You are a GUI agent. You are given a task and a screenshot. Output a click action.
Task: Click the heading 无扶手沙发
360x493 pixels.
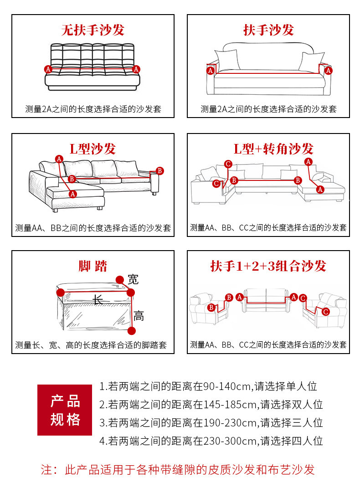pyautogui.click(x=93, y=31)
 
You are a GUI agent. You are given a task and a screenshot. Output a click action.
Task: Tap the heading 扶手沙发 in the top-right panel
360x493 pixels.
pyautogui.click(x=268, y=31)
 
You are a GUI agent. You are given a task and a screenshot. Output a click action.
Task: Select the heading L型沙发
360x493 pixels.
pyautogui.click(x=93, y=149)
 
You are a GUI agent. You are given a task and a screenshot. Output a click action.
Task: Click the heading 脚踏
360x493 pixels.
pyautogui.click(x=93, y=266)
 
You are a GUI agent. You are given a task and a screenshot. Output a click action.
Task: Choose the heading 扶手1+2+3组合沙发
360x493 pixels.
pyautogui.click(x=268, y=266)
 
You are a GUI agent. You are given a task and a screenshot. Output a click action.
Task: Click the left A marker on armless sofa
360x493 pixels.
pyautogui.click(x=48, y=69)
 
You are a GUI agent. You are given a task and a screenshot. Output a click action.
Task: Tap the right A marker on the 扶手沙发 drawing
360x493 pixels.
pyautogui.click(x=329, y=70)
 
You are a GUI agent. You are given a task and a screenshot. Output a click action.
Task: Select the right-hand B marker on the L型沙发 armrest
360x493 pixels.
pyautogui.click(x=159, y=170)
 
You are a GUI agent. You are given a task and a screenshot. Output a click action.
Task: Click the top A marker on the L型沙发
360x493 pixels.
pyautogui.click(x=59, y=159)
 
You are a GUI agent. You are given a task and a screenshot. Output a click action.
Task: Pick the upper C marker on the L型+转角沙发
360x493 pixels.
pyautogui.click(x=228, y=164)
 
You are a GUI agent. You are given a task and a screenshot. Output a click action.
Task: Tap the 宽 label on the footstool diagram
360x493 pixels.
pyautogui.click(x=133, y=279)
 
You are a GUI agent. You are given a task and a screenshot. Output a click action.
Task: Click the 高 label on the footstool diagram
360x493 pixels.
pyautogui.click(x=139, y=315)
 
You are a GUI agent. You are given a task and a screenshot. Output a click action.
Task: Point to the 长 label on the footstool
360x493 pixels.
pyautogui.click(x=98, y=299)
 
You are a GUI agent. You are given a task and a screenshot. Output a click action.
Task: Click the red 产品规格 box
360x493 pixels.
pyautogui.click(x=65, y=410)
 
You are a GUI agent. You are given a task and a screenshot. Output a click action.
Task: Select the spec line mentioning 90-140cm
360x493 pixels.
pyautogui.click(x=208, y=387)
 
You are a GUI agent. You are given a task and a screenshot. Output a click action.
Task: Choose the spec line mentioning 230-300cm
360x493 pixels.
pyautogui.click(x=211, y=441)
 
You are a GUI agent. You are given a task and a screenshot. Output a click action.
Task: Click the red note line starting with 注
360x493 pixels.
pyautogui.click(x=178, y=469)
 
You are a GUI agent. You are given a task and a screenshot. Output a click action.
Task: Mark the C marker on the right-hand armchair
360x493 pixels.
pyautogui.click(x=325, y=312)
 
